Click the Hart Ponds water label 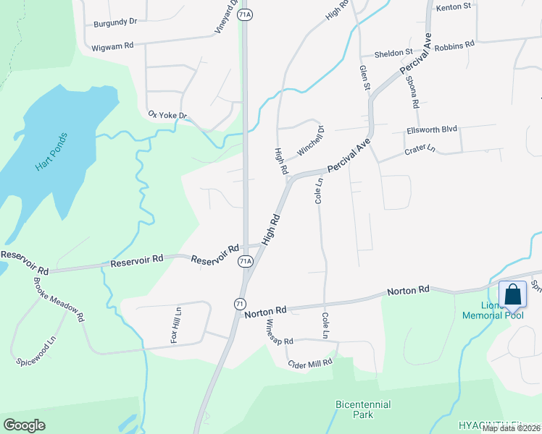point(51,152)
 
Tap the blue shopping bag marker point(513,295)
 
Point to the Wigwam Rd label point(113,46)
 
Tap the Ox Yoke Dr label point(167,115)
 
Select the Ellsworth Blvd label point(431,129)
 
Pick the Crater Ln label point(420,150)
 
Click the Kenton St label point(454,7)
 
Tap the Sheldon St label point(393,54)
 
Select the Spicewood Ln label point(36,350)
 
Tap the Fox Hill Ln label point(175,326)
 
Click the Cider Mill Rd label point(309,363)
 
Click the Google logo point(25,425)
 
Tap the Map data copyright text point(512,428)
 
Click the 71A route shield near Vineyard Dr point(246,14)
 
